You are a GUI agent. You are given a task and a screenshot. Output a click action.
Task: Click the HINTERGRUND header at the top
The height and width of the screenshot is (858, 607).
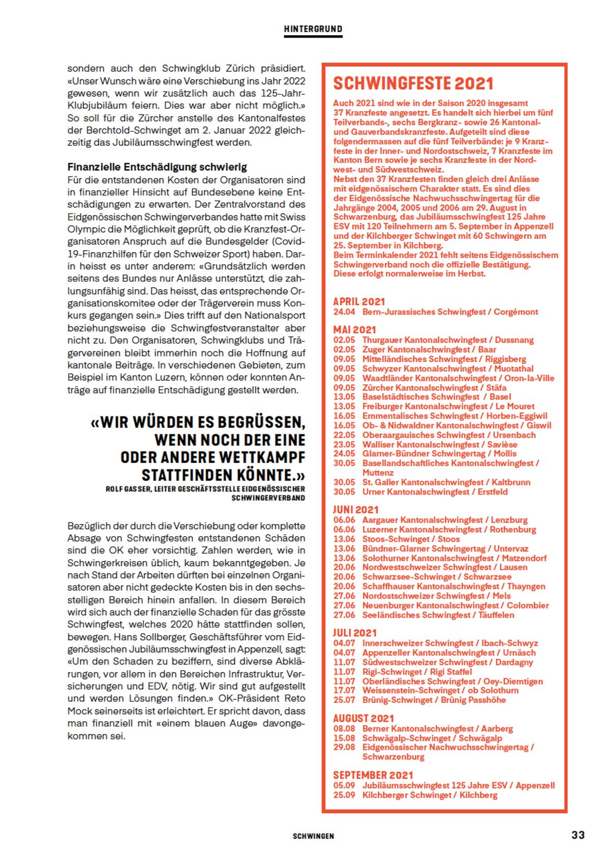point(313,29)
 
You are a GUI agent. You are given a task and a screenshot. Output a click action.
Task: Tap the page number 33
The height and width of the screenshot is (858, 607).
point(578,835)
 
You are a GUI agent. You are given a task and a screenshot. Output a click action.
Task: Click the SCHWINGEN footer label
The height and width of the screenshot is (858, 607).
point(313,836)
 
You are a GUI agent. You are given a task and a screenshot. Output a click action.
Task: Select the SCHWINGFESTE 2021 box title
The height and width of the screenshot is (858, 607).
point(413,83)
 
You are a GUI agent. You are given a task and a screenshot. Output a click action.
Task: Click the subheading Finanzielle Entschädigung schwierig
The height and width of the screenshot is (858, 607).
point(157,167)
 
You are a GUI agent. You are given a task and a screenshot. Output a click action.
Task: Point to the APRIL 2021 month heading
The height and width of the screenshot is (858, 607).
point(359,301)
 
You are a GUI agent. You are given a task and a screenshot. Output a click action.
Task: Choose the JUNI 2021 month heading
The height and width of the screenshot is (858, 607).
point(356,509)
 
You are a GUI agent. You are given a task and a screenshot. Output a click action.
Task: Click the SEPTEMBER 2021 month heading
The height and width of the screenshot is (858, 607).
point(373,775)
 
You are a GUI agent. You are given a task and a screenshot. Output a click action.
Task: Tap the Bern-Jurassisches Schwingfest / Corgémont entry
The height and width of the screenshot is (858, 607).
point(450,312)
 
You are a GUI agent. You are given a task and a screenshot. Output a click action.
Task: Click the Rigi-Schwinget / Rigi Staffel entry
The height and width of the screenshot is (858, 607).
point(417,671)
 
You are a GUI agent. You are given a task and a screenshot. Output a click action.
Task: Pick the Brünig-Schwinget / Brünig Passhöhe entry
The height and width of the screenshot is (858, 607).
point(434,699)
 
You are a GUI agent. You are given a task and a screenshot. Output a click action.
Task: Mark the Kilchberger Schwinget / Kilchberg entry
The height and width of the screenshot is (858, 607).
point(430,794)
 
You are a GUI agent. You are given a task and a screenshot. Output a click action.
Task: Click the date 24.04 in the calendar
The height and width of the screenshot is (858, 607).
point(344,312)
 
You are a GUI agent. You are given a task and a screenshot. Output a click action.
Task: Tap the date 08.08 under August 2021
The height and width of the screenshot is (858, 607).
point(344,728)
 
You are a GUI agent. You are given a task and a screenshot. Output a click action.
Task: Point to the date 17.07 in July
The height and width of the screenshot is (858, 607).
point(344,690)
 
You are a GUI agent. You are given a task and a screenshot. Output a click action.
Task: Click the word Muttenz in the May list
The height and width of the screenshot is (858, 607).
point(378,472)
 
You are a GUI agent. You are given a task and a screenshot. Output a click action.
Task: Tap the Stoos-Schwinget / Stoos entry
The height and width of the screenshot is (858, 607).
point(411,539)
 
